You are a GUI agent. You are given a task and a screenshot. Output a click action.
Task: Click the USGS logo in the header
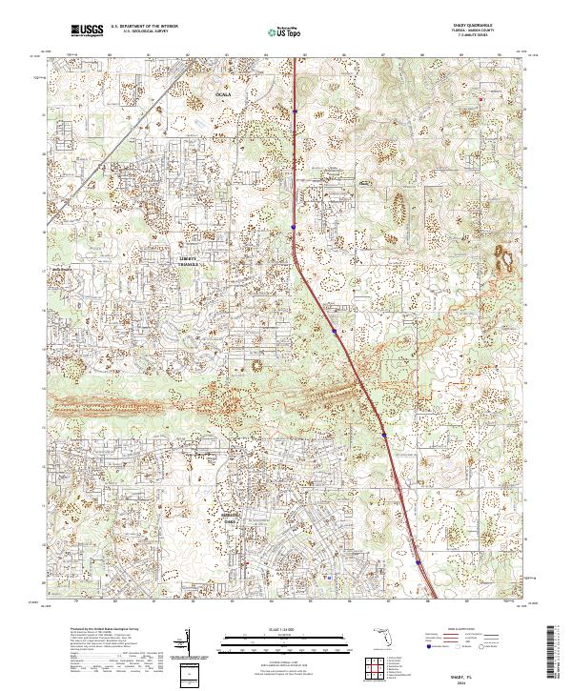[87, 30]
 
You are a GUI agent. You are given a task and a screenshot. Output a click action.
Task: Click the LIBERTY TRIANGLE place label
[187, 260]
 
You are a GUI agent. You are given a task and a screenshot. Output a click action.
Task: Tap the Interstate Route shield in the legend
[428, 648]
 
